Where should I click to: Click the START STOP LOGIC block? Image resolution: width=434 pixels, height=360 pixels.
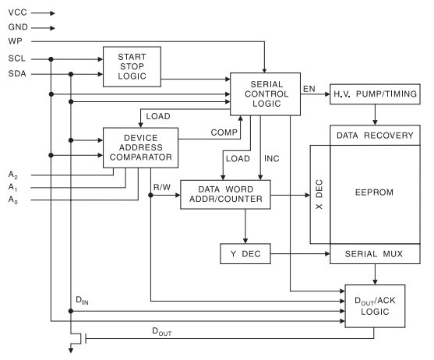pos(131,67)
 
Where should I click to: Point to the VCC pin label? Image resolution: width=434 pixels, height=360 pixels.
pos(18,13)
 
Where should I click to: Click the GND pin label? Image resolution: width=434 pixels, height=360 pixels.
pos(19,27)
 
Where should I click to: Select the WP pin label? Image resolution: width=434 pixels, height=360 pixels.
pos(16,41)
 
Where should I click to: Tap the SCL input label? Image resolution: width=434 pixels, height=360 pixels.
pos(17,58)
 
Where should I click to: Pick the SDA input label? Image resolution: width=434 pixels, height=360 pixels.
pos(17,74)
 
